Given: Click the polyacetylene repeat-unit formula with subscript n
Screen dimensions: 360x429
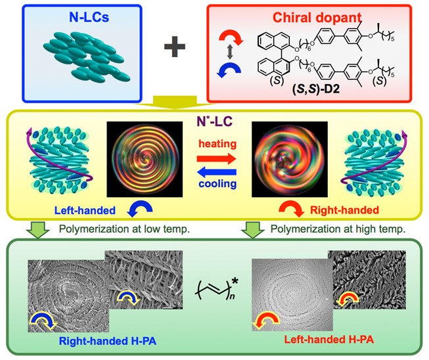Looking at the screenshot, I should tap(214, 288).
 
